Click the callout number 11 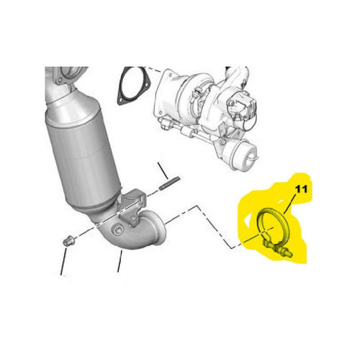tap(301, 189)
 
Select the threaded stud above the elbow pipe tap(169, 183)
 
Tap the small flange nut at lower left tap(69, 241)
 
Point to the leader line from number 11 tap(289, 204)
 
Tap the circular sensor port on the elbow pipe tap(118, 230)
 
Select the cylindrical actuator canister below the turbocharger tap(242, 156)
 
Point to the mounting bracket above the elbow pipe tap(131, 204)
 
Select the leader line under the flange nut tap(63, 261)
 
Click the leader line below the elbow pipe tap(120, 261)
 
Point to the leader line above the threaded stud tap(163, 171)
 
